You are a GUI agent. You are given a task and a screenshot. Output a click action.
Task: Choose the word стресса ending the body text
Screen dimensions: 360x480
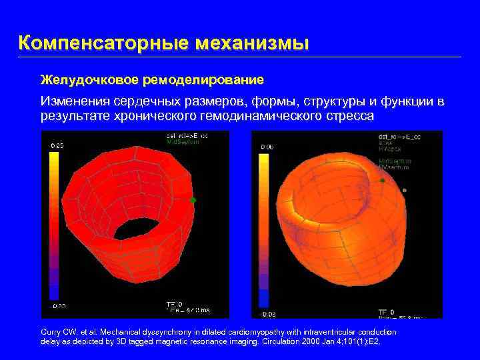351,115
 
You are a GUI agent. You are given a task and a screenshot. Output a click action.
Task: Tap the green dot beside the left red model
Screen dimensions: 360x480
193,199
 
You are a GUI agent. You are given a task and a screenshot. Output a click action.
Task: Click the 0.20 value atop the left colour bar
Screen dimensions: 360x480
58,145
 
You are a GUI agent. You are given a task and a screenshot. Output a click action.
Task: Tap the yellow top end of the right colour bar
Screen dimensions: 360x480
264,163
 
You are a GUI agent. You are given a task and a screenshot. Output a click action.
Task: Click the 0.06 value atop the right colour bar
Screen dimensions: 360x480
266,147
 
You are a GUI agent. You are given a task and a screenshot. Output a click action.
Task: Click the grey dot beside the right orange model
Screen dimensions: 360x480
404,190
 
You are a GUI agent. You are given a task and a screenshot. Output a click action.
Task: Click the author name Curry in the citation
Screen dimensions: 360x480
53,332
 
